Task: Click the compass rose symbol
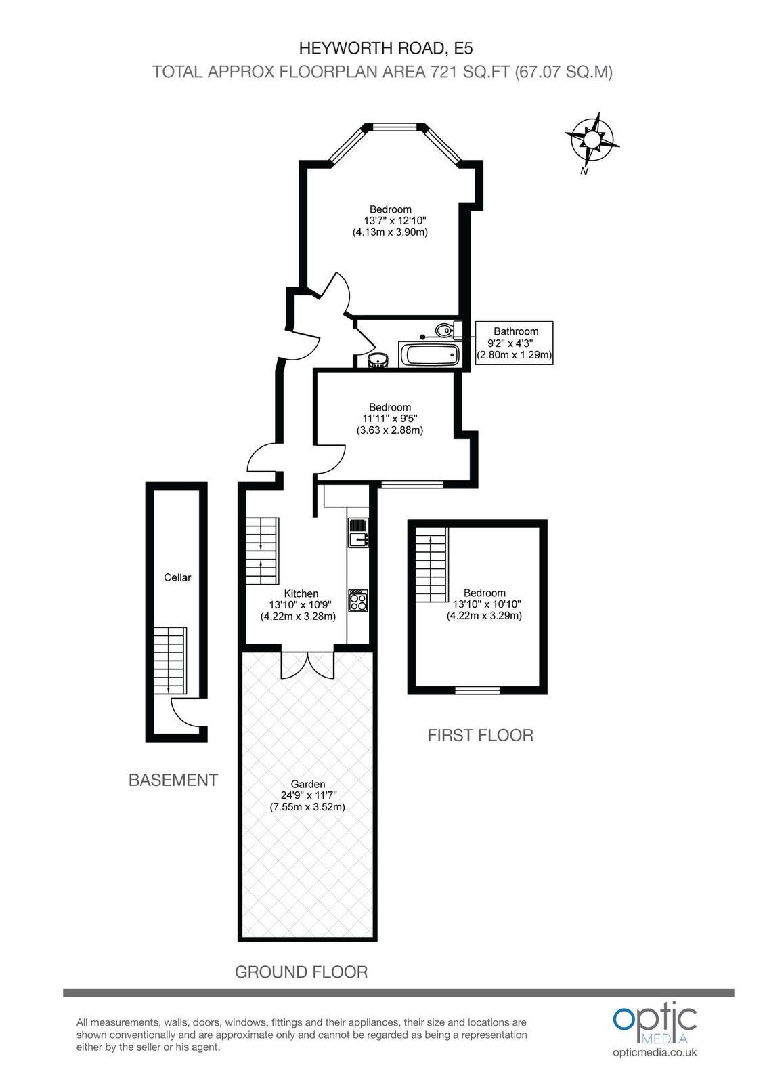click(592, 140)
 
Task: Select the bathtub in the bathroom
click(429, 354)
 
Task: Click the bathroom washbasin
click(378, 360)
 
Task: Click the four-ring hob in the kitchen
click(357, 601)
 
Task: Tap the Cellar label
click(177, 577)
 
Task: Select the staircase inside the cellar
click(169, 660)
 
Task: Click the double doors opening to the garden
click(307, 664)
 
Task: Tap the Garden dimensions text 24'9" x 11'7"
click(308, 795)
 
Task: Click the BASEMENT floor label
click(173, 780)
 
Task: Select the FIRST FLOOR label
click(480, 735)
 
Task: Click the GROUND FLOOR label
click(301, 972)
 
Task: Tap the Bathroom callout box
click(515, 343)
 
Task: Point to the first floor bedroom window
click(477, 690)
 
